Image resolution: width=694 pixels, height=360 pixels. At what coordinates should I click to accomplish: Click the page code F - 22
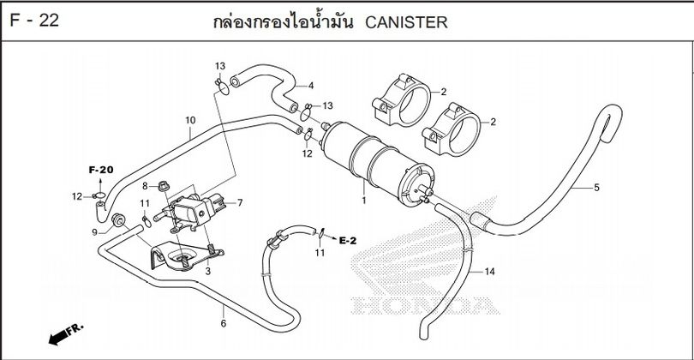[35, 21]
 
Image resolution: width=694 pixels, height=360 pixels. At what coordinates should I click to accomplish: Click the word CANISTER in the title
[406, 22]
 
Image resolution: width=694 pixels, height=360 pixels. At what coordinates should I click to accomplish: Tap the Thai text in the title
[284, 21]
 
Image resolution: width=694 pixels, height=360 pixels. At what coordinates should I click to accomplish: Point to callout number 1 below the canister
[364, 200]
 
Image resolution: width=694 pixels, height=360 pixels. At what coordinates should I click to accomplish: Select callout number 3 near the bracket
[207, 270]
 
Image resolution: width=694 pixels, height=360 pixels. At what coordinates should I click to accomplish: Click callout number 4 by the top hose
[310, 86]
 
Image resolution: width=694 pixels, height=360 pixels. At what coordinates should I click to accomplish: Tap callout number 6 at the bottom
[224, 323]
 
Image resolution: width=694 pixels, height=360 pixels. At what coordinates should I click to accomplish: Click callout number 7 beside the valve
[239, 203]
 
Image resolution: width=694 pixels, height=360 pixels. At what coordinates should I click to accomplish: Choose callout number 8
[146, 186]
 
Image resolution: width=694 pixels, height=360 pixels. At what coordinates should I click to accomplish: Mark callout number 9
[95, 231]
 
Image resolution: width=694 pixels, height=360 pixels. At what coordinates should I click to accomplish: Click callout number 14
[489, 272]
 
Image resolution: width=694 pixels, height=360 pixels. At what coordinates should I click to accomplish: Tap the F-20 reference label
[101, 170]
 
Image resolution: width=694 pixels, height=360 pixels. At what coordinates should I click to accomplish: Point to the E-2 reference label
[348, 240]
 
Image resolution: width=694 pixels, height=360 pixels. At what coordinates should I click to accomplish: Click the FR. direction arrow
[65, 333]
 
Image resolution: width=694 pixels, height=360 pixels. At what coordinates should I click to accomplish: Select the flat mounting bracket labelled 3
[180, 256]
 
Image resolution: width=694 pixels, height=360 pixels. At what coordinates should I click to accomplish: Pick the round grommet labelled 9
[118, 220]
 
